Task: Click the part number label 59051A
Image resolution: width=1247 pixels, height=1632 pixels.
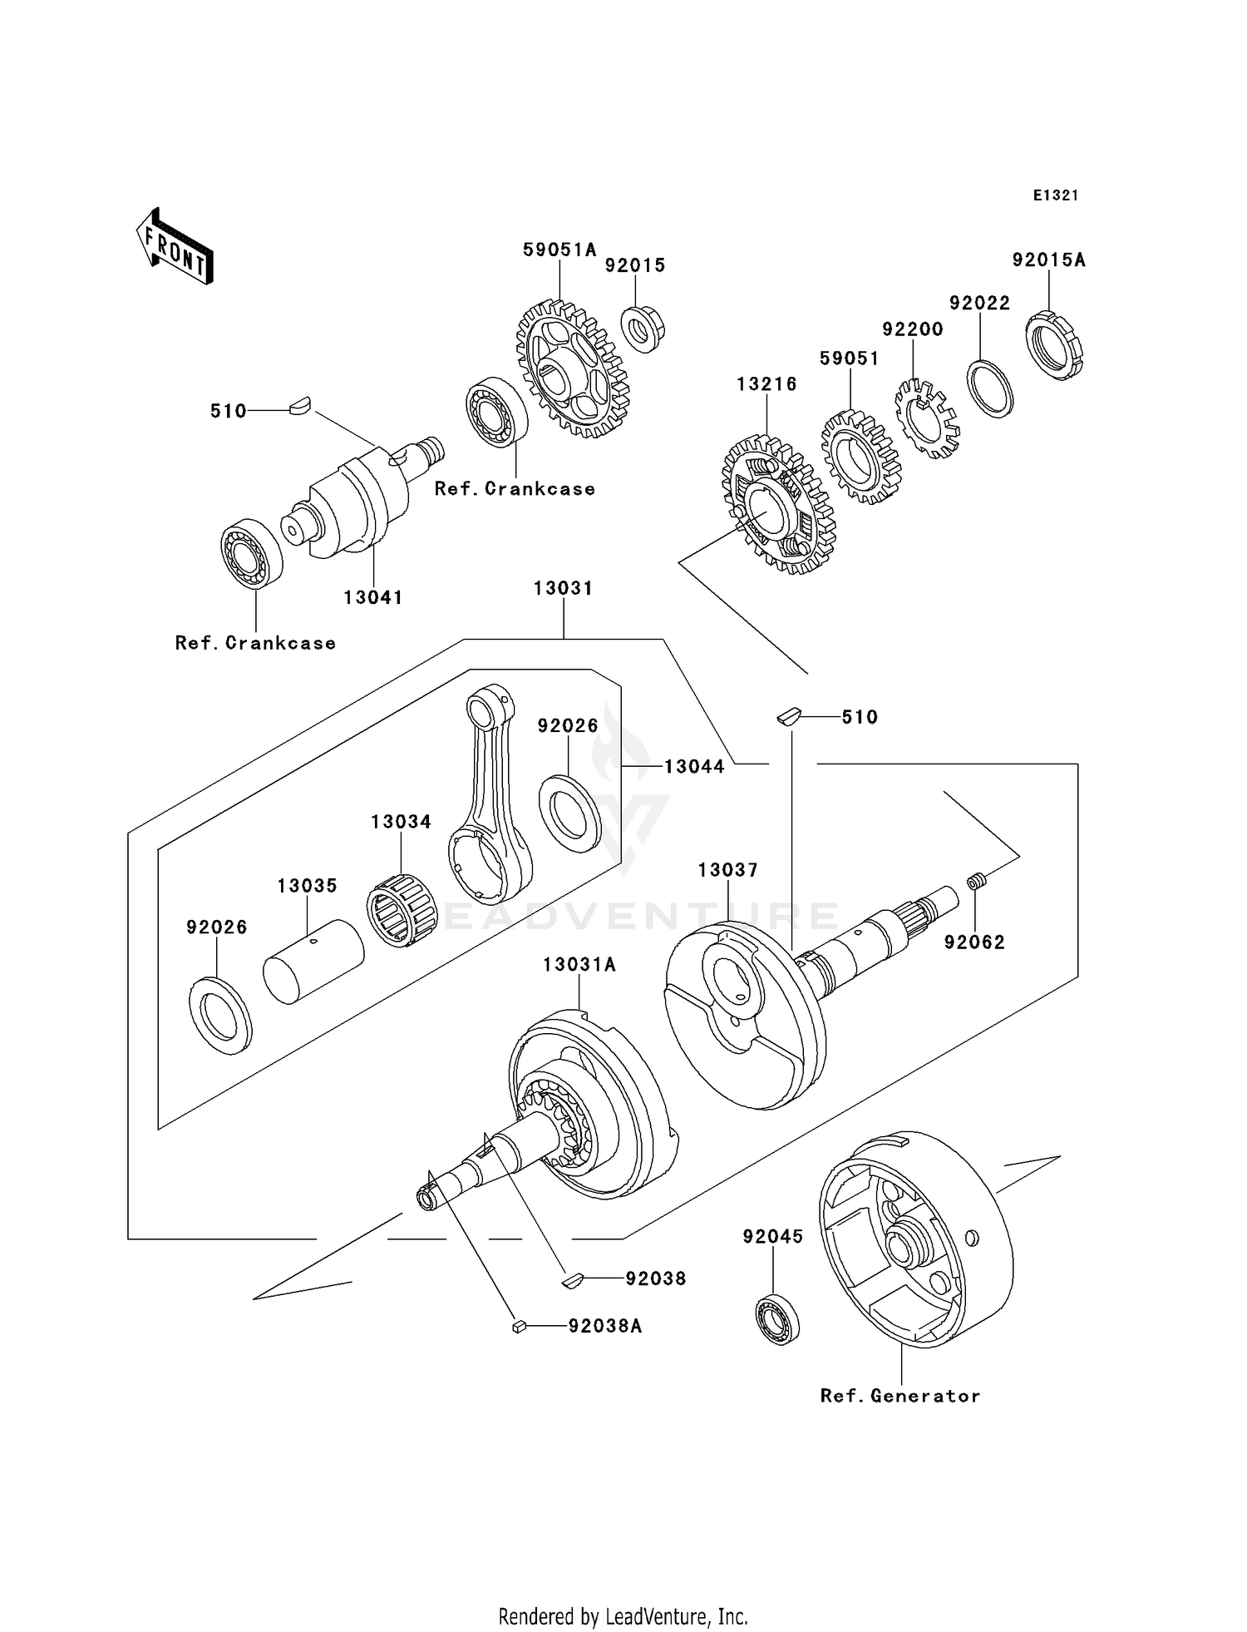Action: coord(559,250)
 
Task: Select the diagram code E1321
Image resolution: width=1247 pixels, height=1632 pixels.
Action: coord(1055,195)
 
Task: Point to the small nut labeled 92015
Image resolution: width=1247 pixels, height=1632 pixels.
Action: coord(643,329)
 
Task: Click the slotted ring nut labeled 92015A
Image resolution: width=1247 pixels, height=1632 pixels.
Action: coord(1054,345)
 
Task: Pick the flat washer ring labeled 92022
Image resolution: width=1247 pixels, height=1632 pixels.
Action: coord(990,388)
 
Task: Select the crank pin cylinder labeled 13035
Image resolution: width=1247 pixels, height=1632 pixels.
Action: coord(313,961)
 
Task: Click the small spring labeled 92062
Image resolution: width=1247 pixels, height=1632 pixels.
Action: coord(978,880)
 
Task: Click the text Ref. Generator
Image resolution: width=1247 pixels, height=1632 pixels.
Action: coord(900,1396)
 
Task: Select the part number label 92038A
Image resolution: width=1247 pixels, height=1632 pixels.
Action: coord(604,1326)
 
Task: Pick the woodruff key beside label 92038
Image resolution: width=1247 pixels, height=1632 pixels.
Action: coord(572,1280)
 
